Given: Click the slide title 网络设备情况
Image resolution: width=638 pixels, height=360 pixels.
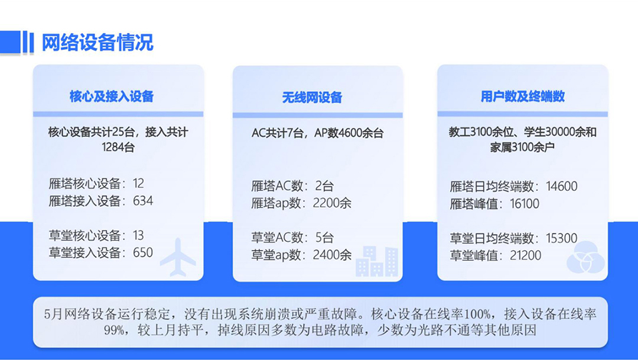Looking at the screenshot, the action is pyautogui.click(x=97, y=43).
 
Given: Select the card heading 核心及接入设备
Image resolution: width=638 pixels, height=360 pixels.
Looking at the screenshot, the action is pyautogui.click(x=112, y=96).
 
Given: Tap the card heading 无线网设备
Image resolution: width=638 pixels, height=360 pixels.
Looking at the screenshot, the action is pyautogui.click(x=312, y=98).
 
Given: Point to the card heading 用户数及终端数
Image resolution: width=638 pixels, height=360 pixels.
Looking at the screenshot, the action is pyautogui.click(x=522, y=96).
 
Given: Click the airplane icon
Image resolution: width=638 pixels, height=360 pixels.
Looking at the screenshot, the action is pyautogui.click(x=178, y=257).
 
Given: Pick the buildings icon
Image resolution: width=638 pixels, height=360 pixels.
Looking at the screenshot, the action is pyautogui.click(x=377, y=261).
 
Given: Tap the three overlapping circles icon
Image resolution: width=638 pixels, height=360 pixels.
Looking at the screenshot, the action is pyautogui.click(x=585, y=257).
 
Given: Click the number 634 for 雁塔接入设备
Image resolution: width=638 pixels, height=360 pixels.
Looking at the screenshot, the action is pyautogui.click(x=143, y=201).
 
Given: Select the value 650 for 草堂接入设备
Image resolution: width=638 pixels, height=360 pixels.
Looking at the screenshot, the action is pyautogui.click(x=143, y=252).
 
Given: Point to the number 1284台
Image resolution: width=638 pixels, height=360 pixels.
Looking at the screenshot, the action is pyautogui.click(x=118, y=147).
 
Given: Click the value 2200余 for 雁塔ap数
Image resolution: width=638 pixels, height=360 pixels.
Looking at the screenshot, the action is pyautogui.click(x=332, y=203).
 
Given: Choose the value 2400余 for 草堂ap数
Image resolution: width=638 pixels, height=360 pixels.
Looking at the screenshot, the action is pyautogui.click(x=332, y=255).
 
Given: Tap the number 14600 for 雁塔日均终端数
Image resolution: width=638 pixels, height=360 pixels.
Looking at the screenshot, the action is pyautogui.click(x=562, y=186).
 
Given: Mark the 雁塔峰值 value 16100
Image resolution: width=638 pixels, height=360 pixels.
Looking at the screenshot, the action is pyautogui.click(x=525, y=203).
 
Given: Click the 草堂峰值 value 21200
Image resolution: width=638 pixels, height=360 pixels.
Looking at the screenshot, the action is pyautogui.click(x=526, y=255).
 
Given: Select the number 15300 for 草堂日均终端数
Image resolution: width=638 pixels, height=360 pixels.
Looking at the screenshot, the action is pyautogui.click(x=562, y=238).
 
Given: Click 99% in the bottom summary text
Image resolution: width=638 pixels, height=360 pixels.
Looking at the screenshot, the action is pyautogui.click(x=115, y=330).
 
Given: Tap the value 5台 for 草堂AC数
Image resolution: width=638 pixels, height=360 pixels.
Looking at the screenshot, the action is pyautogui.click(x=325, y=238).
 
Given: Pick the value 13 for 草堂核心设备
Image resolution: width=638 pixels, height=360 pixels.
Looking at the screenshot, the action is pyautogui.click(x=138, y=235).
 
